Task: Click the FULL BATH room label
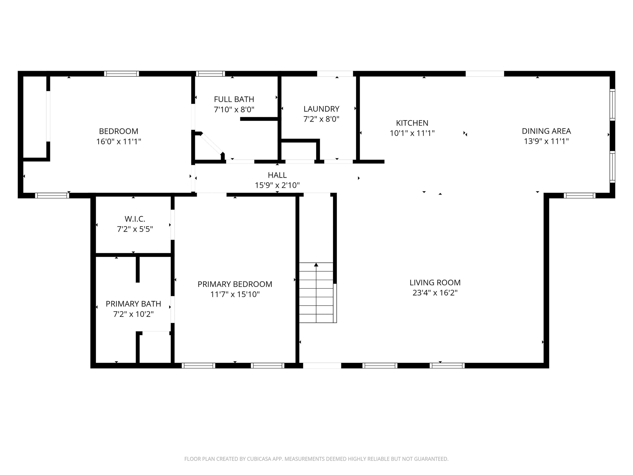coord(234,99)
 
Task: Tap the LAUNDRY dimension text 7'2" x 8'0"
coord(321,119)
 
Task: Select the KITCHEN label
coord(412,123)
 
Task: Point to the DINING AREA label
coord(546,131)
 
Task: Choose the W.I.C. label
coord(135,219)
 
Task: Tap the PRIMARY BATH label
coord(133,304)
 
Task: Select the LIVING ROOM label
coord(435,283)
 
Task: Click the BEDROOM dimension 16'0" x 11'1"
coord(118,142)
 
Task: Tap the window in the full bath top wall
coord(210,74)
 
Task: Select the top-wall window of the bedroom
coord(121,74)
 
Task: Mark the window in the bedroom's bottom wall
coord(52,195)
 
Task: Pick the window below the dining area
coord(579,195)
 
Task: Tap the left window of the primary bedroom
coord(198,366)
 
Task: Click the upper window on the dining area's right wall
coord(612,104)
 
